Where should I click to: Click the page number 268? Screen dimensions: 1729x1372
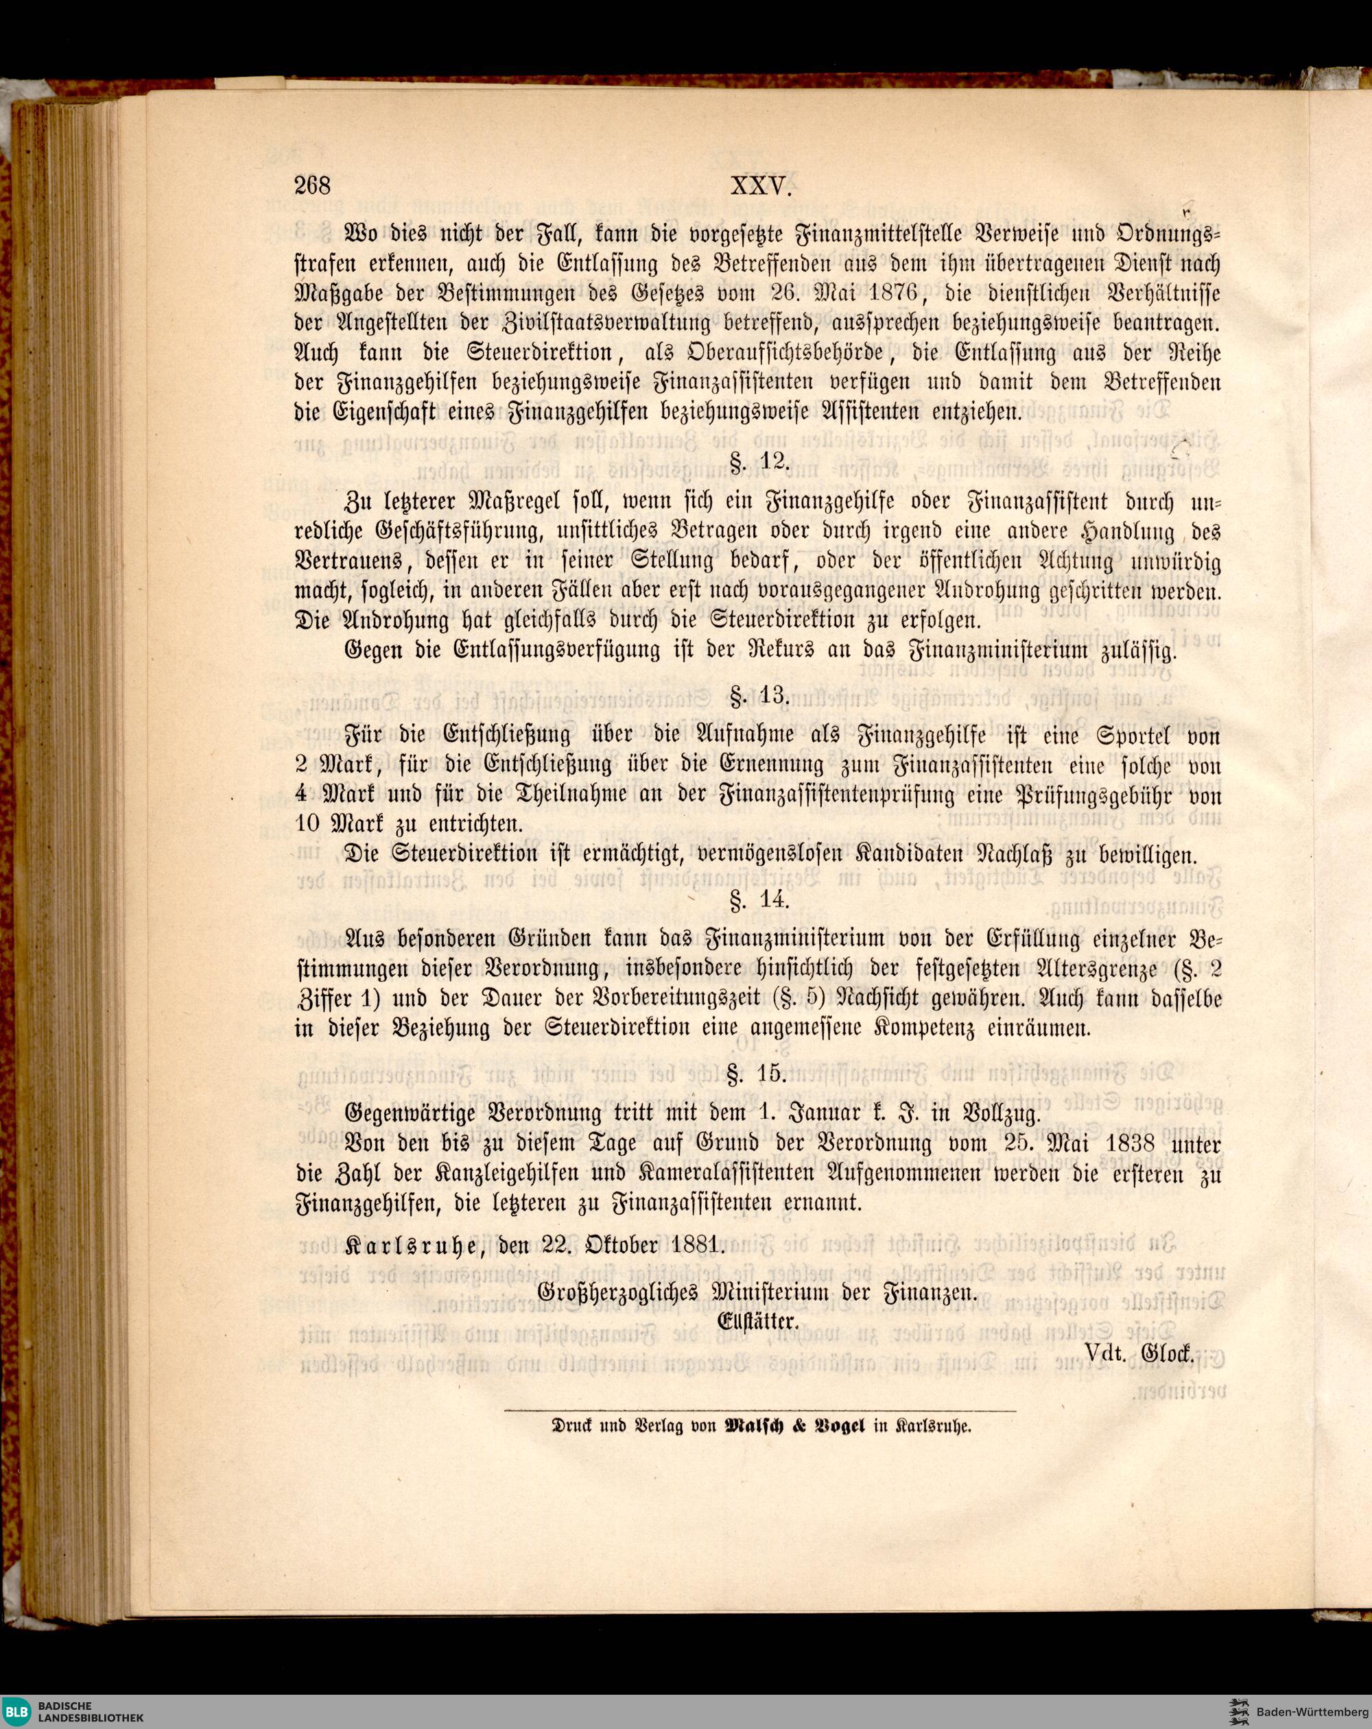point(313,187)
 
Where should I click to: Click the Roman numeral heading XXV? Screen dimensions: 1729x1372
point(761,187)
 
